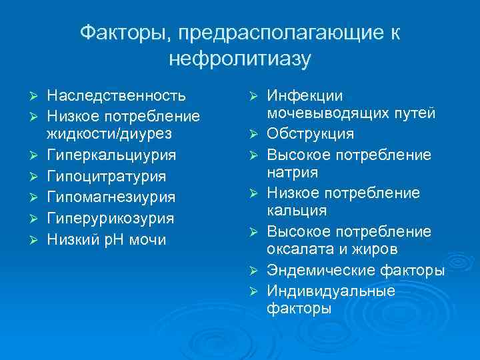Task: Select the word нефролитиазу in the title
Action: pos(239,59)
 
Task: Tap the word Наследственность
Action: pos(116,95)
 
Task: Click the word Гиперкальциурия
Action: pos(111,155)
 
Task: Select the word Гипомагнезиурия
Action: pos(111,197)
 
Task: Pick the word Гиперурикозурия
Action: pos(111,218)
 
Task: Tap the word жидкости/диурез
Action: pos(109,133)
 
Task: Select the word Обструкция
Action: pos(311,134)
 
